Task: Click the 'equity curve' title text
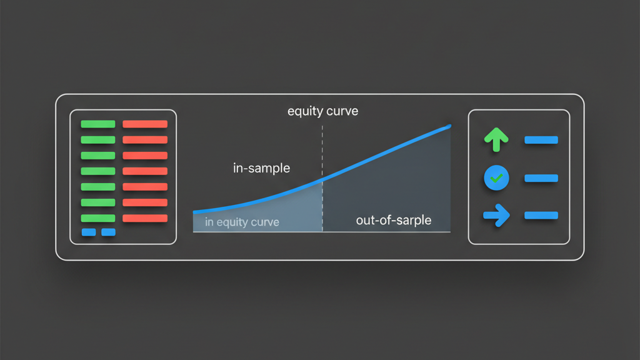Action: [x=322, y=112]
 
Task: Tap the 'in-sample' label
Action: [x=261, y=168]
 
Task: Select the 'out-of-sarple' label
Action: [x=393, y=221]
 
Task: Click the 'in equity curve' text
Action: [x=242, y=222]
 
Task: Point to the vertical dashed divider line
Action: [x=322, y=156]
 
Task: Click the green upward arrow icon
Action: [x=496, y=139]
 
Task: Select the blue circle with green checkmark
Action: [x=496, y=178]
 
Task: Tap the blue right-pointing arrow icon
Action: [x=496, y=216]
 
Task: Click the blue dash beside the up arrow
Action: [x=541, y=140]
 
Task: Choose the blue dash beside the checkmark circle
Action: [x=541, y=178]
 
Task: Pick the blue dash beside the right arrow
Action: [x=541, y=216]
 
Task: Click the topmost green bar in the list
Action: [x=98, y=124]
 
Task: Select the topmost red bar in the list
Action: [x=145, y=124]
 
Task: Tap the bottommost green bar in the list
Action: [x=98, y=218]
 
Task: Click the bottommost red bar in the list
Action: [x=145, y=218]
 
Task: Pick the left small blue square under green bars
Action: [x=89, y=232]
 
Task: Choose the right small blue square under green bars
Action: [x=108, y=232]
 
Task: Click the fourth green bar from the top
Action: [x=98, y=171]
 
